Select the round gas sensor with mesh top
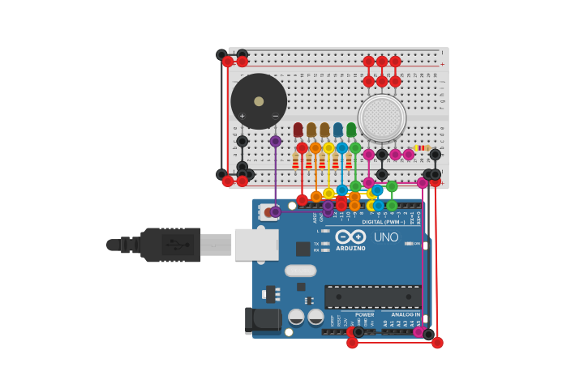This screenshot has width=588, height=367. click(382, 118)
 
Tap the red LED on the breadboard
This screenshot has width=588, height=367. click(298, 130)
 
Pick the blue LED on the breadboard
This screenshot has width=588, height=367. click(337, 130)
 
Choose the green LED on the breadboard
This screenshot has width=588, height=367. click(351, 130)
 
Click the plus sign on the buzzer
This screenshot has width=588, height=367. click(242, 117)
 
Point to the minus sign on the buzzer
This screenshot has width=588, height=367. click(276, 117)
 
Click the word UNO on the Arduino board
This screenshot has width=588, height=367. click(386, 237)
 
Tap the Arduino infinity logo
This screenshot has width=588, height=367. click(350, 237)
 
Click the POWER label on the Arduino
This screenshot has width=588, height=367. click(365, 314)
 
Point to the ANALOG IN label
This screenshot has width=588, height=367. click(406, 314)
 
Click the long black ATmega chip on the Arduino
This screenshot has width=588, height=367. click(372, 296)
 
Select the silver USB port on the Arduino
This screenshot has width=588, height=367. click(256, 245)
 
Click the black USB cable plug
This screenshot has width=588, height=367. click(170, 245)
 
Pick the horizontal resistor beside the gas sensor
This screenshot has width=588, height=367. click(422, 148)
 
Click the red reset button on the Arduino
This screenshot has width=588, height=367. click(268, 211)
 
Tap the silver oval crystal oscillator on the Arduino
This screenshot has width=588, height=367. click(300, 271)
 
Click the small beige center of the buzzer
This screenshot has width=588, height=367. click(259, 101)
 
